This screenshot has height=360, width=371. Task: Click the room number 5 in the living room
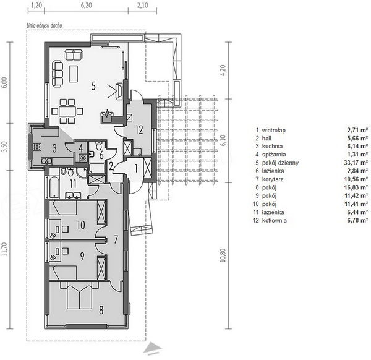click(x=94, y=86)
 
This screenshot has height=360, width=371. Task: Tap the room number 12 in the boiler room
click(x=139, y=130)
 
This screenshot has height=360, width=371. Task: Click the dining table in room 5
click(x=67, y=111)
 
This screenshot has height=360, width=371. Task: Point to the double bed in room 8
click(x=80, y=296)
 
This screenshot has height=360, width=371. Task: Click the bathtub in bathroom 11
click(x=54, y=187)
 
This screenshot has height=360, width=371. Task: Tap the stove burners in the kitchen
click(x=37, y=147)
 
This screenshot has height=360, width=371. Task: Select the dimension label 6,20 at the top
click(x=87, y=5)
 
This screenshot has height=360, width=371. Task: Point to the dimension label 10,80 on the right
click(x=223, y=255)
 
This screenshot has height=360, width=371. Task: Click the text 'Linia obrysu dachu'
click(x=45, y=25)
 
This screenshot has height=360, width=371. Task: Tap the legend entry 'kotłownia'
click(x=275, y=220)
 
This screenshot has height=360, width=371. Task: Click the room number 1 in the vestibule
click(x=136, y=168)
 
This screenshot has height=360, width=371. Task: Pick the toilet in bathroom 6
click(x=99, y=145)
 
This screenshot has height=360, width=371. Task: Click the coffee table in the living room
click(x=74, y=74)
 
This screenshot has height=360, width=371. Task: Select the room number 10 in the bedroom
click(x=81, y=225)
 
